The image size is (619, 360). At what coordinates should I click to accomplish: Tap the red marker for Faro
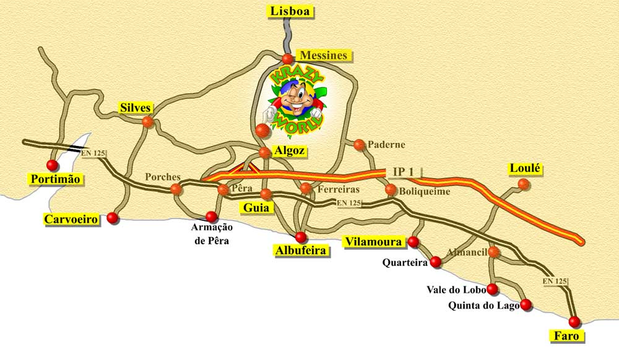[x=574, y=322]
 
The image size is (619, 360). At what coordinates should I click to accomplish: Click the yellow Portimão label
[x=56, y=179]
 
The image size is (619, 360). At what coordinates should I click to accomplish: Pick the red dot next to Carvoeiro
[x=112, y=218]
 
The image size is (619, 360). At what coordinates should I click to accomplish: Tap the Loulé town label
[x=525, y=168]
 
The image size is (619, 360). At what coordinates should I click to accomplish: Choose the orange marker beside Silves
[x=147, y=121]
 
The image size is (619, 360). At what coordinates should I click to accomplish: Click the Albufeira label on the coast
[x=300, y=251]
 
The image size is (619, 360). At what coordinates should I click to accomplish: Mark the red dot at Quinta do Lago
[x=526, y=304]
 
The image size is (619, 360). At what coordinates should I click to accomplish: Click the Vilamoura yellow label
[x=374, y=241]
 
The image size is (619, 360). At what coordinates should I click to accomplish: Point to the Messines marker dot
[x=287, y=59]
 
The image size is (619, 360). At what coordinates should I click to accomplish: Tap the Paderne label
[x=386, y=145]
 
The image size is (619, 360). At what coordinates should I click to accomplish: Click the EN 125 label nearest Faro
[x=555, y=281]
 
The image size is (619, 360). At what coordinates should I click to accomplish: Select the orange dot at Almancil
[x=493, y=252]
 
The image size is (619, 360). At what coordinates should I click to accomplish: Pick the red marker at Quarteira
[x=435, y=263]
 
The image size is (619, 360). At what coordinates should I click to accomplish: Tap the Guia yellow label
[x=256, y=208]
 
